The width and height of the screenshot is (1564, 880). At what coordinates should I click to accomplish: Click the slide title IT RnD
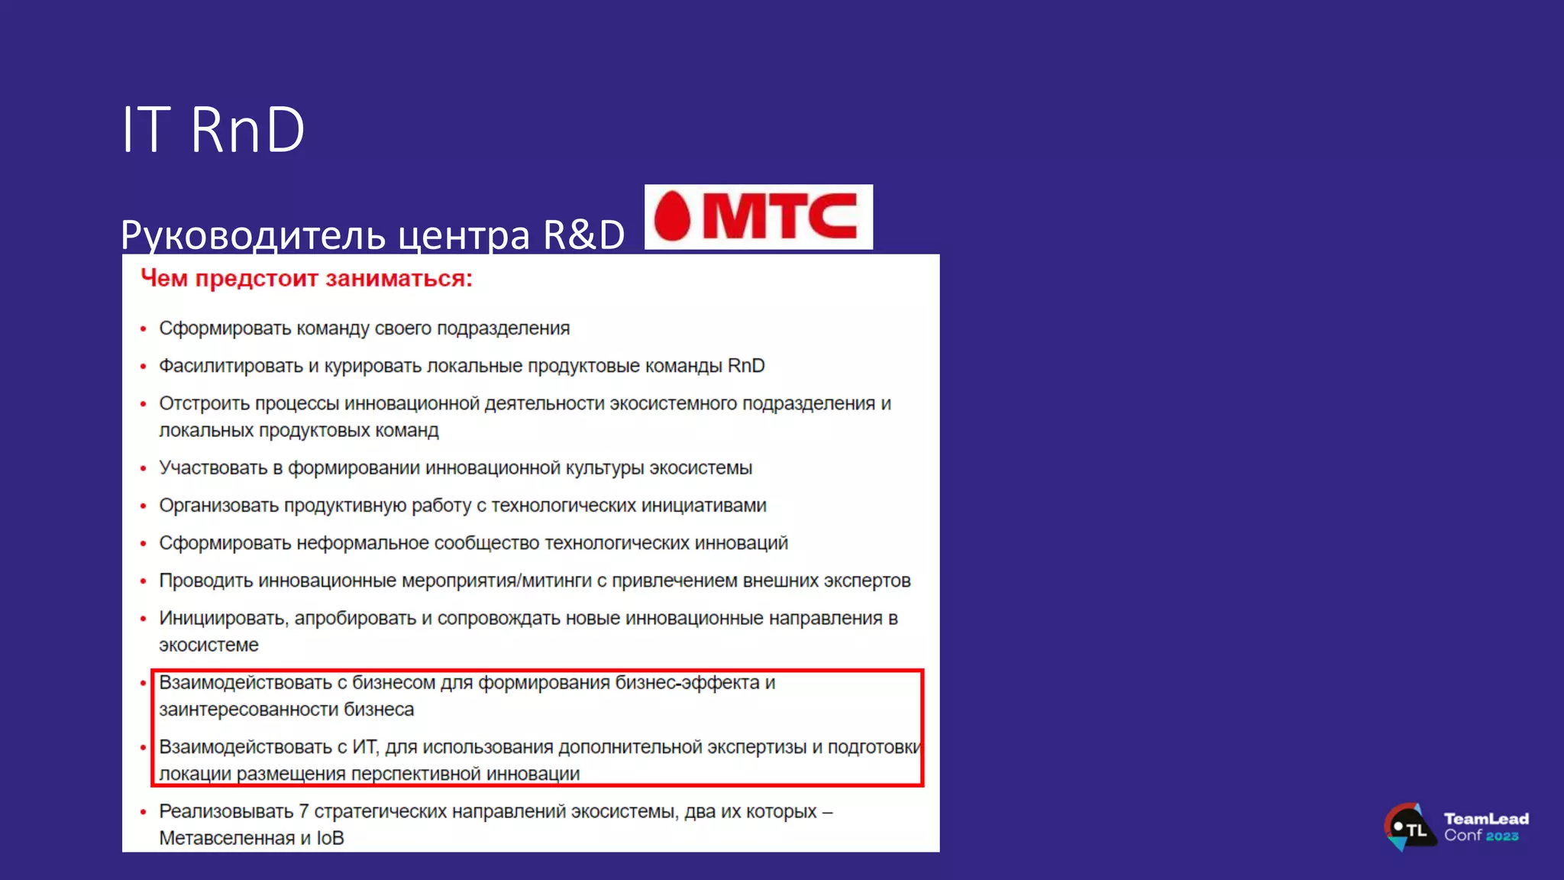(x=213, y=130)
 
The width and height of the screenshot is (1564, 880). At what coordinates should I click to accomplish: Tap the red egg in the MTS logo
(x=673, y=216)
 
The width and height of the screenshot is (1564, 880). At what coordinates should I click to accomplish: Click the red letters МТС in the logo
(x=780, y=216)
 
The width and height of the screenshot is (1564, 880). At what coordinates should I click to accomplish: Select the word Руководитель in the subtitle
(x=253, y=235)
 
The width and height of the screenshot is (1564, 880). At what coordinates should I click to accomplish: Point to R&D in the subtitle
(x=583, y=235)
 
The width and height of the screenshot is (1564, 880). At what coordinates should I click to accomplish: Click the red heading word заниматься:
(x=399, y=279)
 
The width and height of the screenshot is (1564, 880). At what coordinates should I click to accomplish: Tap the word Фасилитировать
(x=231, y=366)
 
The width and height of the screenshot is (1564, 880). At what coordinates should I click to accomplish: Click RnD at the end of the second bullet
(x=746, y=366)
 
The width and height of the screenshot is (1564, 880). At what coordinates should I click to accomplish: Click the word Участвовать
(x=213, y=467)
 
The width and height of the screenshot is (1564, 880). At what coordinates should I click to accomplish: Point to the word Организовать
(x=218, y=506)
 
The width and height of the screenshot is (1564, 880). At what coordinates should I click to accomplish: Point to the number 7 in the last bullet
(x=303, y=811)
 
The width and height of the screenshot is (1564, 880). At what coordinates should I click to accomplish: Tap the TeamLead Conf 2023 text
(x=1485, y=827)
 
